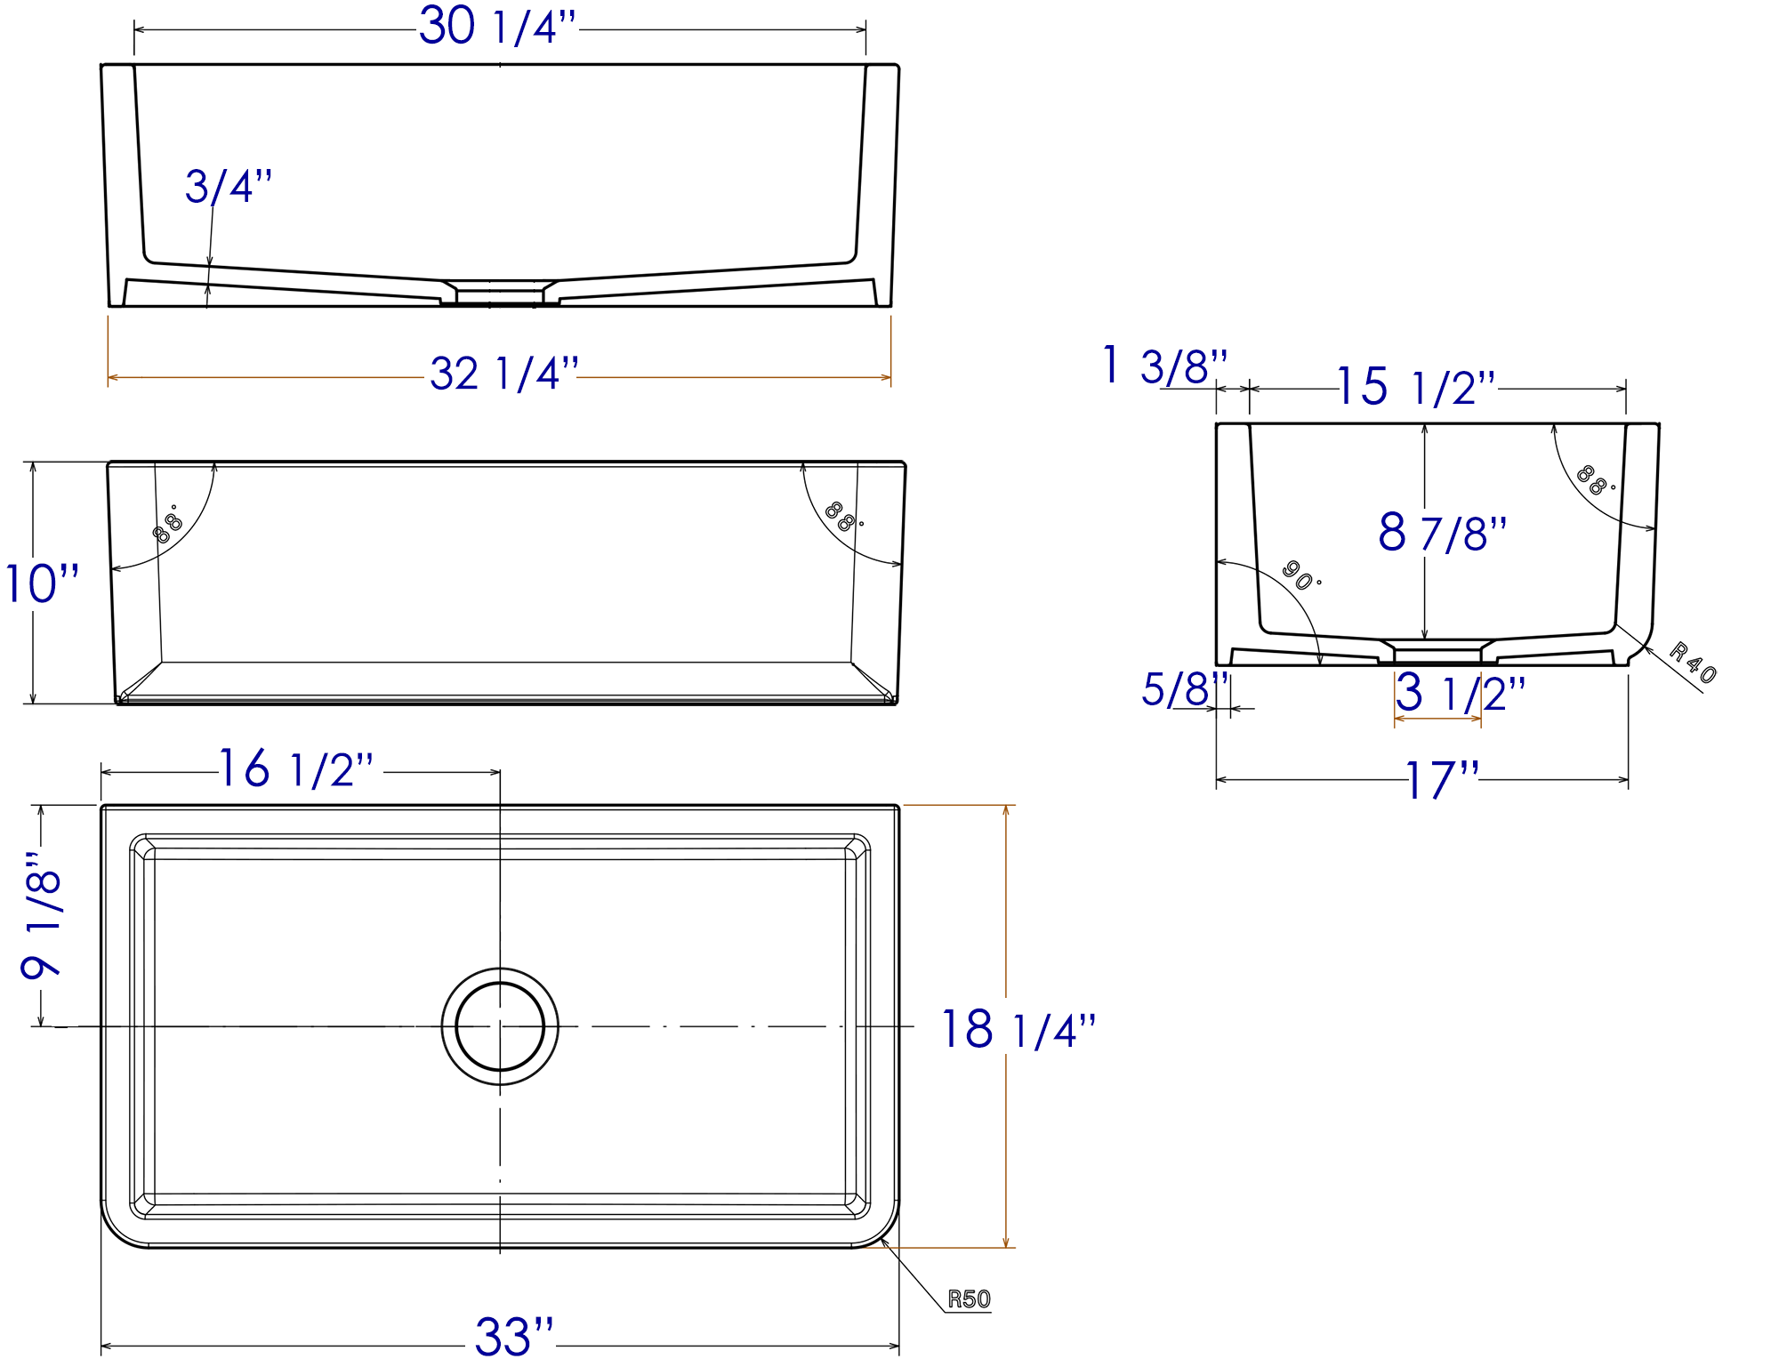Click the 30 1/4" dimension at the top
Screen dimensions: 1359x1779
pos(498,28)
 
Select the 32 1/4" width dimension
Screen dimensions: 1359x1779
pos(504,374)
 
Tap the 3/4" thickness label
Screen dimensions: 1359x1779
pos(228,188)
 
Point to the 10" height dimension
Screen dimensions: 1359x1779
pos(42,584)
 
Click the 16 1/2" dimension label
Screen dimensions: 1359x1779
pos(296,770)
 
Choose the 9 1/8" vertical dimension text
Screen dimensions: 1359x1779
pos(42,914)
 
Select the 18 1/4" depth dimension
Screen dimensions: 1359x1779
pos(1018,1031)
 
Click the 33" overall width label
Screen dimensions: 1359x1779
pos(513,1336)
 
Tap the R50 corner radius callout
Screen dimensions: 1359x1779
pos(968,1299)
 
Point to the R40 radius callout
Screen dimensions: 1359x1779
pos(1692,663)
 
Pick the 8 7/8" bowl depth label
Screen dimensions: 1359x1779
pos(1442,534)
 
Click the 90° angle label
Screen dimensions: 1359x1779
pos(1300,575)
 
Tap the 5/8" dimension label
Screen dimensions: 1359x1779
pos(1183,690)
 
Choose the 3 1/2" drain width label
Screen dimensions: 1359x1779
pos(1459,694)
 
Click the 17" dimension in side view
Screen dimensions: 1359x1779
pos(1441,781)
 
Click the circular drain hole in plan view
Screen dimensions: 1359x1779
pos(500,1026)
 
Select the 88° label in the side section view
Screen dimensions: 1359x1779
pos(1594,480)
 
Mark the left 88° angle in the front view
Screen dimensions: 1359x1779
pos(166,527)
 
